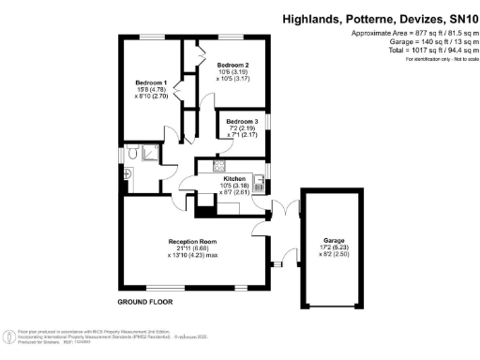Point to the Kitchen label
pyautogui.click(x=233, y=177)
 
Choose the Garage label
pyautogui.click(x=334, y=239)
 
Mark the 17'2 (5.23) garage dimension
pyautogui.click(x=334, y=247)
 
